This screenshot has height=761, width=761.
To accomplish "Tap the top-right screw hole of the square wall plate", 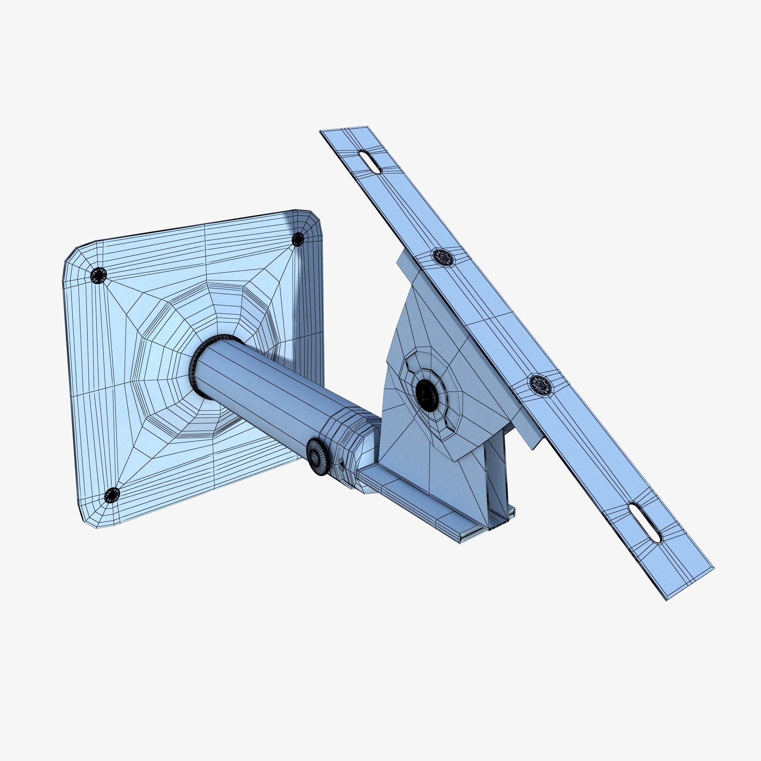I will point(298,239).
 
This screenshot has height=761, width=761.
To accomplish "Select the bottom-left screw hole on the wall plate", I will point(112,495).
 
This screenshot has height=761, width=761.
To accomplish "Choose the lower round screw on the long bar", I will point(542,384).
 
